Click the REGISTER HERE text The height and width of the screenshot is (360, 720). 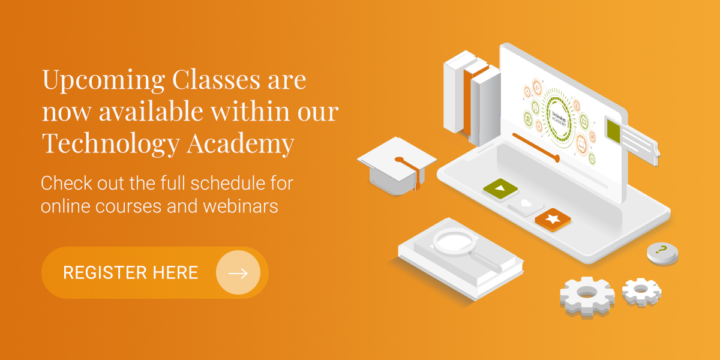(x=130, y=273)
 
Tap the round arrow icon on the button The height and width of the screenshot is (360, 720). (x=238, y=273)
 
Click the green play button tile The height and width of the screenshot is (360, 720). (x=500, y=188)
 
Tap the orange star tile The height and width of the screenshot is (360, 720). (x=553, y=219)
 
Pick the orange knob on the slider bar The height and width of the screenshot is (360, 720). (x=557, y=158)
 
